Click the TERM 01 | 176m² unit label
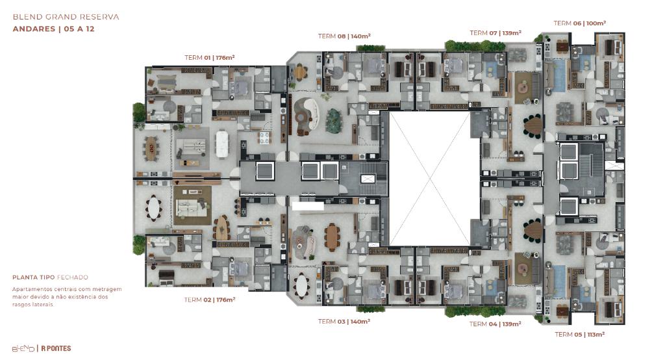pos(210,57)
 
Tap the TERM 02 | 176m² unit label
pos(210,300)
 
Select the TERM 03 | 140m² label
pos(344,322)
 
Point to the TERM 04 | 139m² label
pos(495,324)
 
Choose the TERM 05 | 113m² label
pos(580,335)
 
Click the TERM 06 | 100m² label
pos(580,23)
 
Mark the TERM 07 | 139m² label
pos(496,32)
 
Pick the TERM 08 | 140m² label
pos(344,36)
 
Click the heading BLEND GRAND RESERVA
pos(66,17)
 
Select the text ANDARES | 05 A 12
pos(53,29)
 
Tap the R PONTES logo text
pos(56,348)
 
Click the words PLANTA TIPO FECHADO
pos(50,277)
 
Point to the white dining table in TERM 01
pos(221,144)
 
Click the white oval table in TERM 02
pos(153,208)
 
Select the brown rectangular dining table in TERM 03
pos(332,237)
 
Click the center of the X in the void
pos(429,178)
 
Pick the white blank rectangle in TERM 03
pos(308,207)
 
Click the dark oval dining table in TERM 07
pos(533,126)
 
